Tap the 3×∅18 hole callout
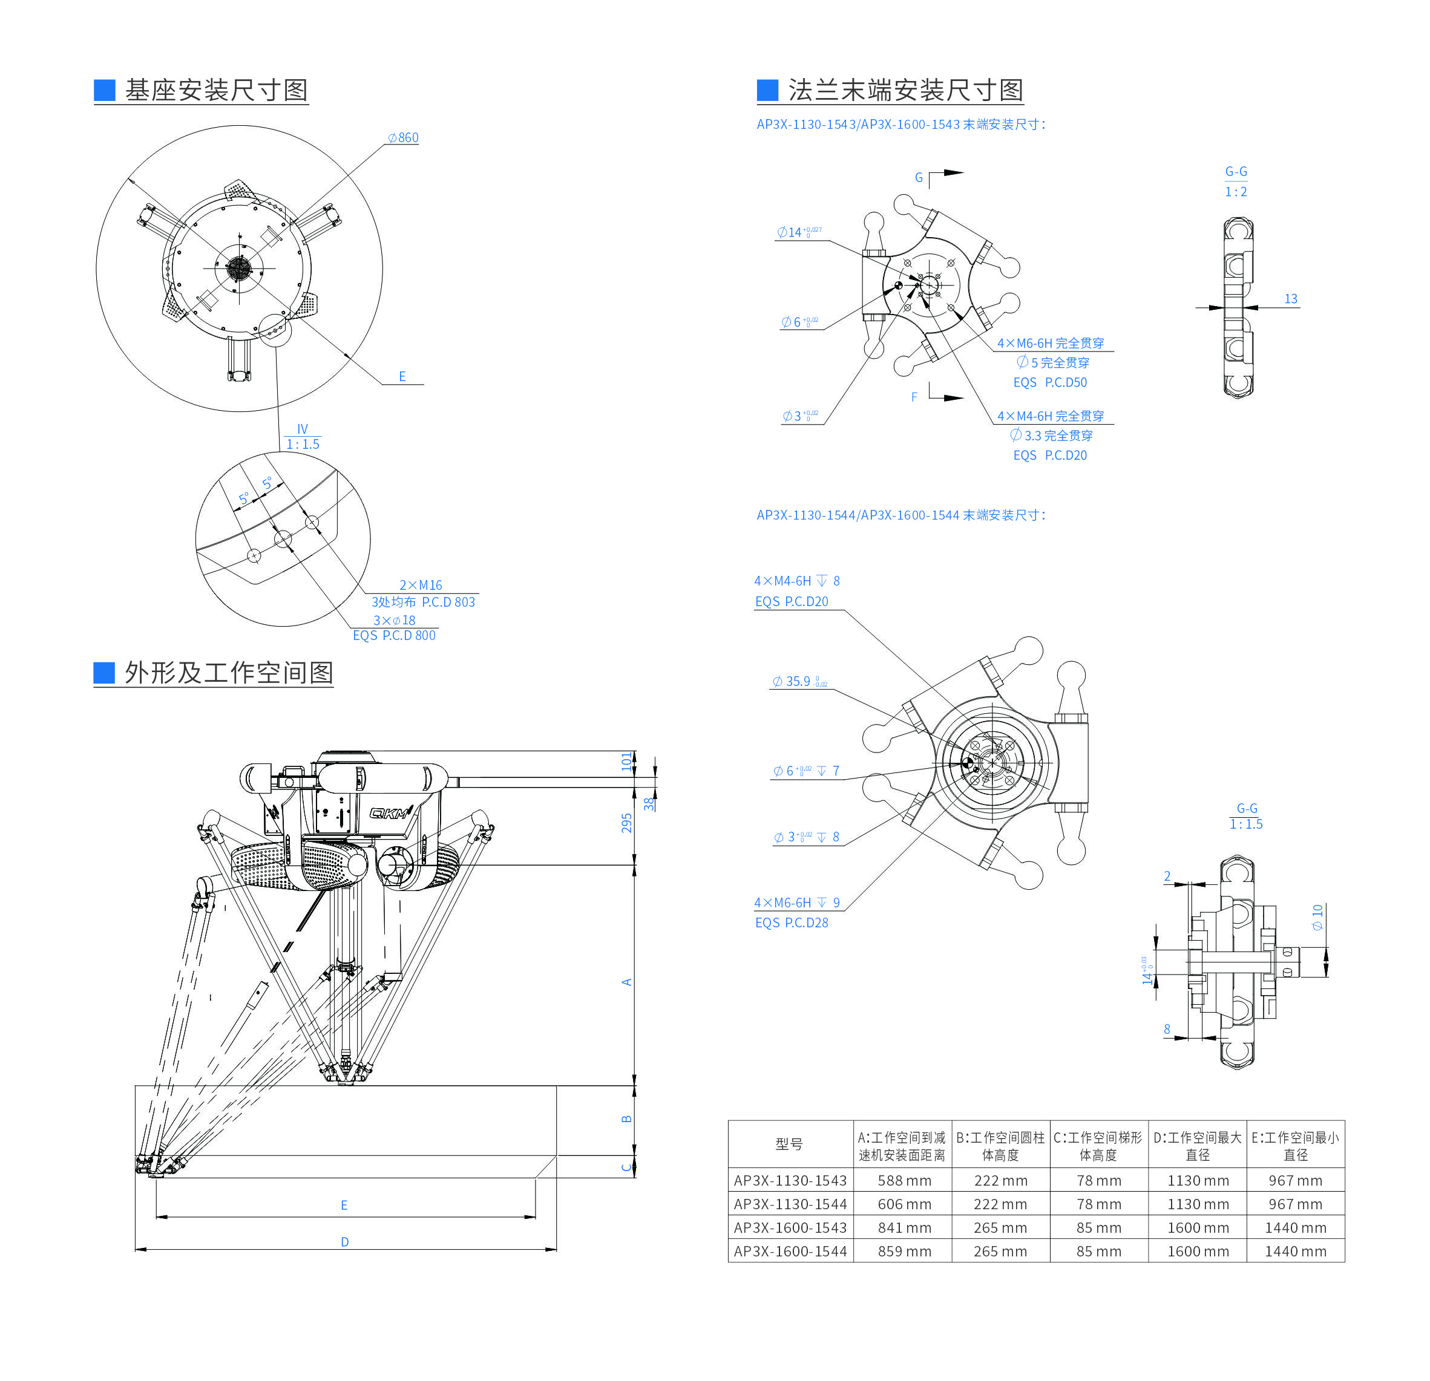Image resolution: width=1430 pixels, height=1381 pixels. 394,620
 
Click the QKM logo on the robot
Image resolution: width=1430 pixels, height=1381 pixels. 390,812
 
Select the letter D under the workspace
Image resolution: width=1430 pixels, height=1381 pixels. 344,1242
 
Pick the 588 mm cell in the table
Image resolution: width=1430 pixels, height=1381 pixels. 904,1181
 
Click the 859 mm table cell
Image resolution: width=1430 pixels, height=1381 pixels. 904,1251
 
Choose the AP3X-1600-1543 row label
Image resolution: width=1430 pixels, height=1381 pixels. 790,1228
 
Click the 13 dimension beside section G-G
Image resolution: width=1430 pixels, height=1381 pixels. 1291,299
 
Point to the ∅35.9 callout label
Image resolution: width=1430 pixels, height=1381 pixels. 798,681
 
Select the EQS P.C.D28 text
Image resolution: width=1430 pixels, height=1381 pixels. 792,922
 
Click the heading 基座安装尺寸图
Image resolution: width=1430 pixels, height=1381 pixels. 216,90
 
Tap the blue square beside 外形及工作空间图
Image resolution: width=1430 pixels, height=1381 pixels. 104,672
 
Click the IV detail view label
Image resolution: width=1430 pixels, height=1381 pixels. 302,429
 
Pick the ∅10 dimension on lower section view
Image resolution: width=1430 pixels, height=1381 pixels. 1317,916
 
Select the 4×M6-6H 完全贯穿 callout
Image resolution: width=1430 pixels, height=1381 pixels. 1051,343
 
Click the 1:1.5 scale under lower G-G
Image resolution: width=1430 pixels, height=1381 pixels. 1245,824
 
